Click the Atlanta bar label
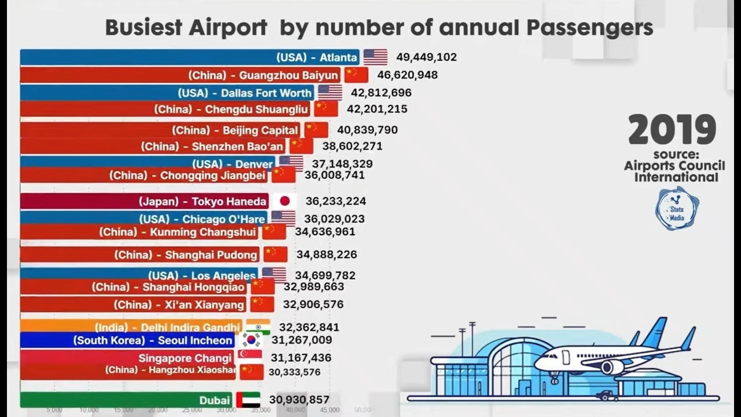click(316, 57)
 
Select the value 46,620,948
click(407, 75)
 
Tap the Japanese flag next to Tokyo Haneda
click(284, 202)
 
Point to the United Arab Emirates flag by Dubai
click(248, 400)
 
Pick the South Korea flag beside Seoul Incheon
click(251, 341)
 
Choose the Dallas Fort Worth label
click(245, 93)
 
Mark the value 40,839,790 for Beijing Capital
click(367, 130)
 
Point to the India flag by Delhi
click(258, 327)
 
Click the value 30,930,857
click(299, 400)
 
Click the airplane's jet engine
click(611, 367)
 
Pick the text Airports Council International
click(674, 171)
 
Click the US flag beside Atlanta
click(375, 57)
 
